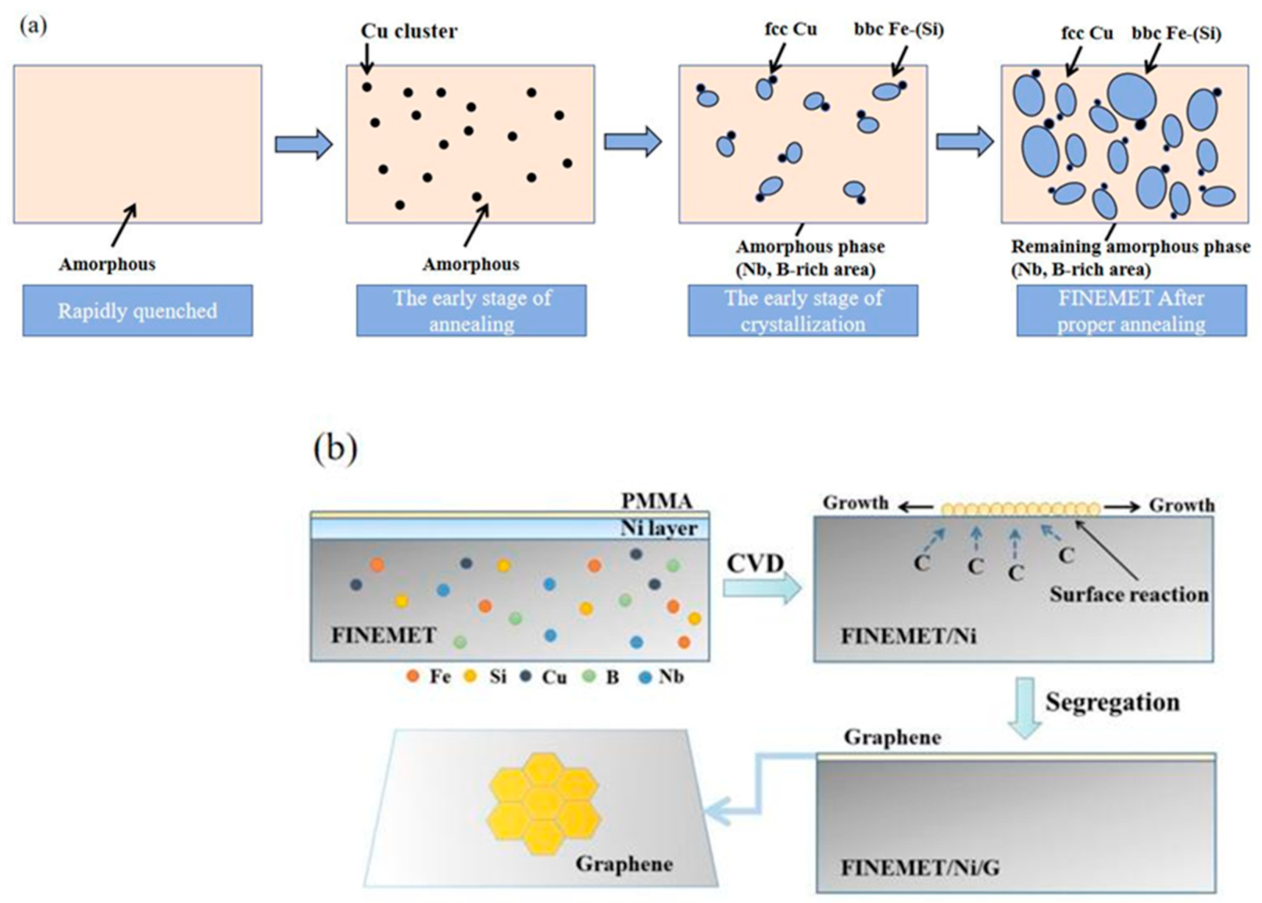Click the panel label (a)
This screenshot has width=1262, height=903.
point(33,26)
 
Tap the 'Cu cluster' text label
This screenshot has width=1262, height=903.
point(409,31)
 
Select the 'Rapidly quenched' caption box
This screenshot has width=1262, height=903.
point(137,311)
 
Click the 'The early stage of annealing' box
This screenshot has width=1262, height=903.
point(471,311)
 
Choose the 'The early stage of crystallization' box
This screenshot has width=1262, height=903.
point(802,311)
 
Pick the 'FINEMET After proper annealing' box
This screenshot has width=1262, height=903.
point(1131,311)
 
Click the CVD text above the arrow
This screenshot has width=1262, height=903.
point(755,564)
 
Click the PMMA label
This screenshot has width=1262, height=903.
point(657,501)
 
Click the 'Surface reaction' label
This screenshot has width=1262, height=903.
point(1129,594)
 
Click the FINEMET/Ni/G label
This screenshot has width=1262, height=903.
point(919,868)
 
